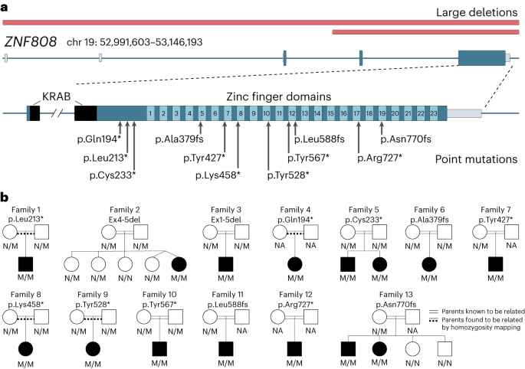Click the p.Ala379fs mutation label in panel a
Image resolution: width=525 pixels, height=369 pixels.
pyautogui.click(x=180, y=139)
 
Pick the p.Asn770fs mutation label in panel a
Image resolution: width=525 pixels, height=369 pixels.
pyautogui.click(x=406, y=139)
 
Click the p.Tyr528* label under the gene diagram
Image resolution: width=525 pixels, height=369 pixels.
pyautogui.click(x=288, y=175)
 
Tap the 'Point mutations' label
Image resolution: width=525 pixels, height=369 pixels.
pyautogui.click(x=476, y=159)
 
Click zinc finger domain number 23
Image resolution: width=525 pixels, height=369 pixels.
pyautogui.click(x=433, y=113)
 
